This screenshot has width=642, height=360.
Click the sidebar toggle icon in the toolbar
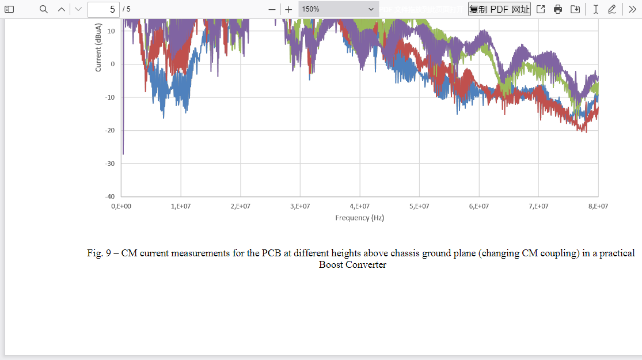pos(9,9)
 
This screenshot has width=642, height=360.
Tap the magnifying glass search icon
pos(44,9)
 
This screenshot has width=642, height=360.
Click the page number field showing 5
pos(104,9)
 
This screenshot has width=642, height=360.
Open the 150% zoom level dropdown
pos(338,9)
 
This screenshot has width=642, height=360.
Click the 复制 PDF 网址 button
pos(499,9)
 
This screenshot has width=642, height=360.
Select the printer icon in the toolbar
pos(558,9)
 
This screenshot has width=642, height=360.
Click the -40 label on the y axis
pos(109,197)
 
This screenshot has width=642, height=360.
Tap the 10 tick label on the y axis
pos(111,31)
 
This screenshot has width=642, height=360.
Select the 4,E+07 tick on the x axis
pos(360,206)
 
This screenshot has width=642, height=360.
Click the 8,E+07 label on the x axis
pos(598,206)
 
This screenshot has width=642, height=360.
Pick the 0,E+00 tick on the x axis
pos(121,206)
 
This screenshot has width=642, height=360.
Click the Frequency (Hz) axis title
pos(360,218)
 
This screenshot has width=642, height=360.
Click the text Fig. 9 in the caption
pos(96,253)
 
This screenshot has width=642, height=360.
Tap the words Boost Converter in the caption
pos(352,265)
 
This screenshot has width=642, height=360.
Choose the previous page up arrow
pos(62,9)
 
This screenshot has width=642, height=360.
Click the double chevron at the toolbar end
pos(632,9)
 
